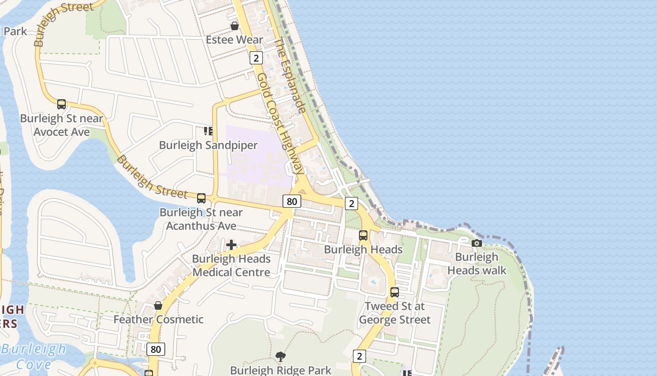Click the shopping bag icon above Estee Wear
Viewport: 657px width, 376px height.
click(234, 26)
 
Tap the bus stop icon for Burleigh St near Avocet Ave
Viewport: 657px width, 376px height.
click(61, 104)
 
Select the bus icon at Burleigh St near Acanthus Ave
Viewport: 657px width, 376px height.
click(201, 198)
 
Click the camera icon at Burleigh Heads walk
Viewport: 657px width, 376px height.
click(477, 243)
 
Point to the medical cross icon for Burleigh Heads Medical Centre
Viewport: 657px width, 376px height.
click(231, 244)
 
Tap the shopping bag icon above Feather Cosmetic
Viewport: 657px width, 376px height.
click(158, 305)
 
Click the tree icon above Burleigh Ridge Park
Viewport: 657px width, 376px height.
click(281, 356)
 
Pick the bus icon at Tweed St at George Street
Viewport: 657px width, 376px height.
click(395, 292)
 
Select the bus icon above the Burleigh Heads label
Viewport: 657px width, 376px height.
click(363, 235)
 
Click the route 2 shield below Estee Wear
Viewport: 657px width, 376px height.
click(256, 58)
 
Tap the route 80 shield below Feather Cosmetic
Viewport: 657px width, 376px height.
click(156, 349)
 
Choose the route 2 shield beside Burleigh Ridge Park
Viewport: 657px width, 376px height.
click(359, 356)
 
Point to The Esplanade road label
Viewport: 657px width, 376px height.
click(290, 75)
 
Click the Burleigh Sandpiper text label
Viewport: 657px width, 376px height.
click(208, 145)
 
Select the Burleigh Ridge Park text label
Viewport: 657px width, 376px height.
click(281, 370)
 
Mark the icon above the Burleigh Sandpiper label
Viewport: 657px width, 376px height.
click(208, 131)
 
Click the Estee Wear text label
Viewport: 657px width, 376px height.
click(234, 40)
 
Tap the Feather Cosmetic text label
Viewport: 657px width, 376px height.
click(159, 320)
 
